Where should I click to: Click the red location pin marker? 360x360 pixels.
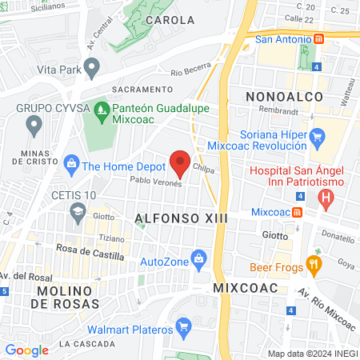(180, 162)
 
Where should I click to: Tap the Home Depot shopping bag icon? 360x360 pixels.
(71, 166)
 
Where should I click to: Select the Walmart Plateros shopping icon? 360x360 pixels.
(183, 325)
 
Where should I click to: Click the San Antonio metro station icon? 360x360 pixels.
(318, 38)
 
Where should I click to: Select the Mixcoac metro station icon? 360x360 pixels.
(297, 213)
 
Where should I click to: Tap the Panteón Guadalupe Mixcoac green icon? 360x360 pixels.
(101, 108)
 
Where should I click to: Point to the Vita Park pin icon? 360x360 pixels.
(92, 70)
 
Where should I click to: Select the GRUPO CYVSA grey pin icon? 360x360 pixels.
(34, 124)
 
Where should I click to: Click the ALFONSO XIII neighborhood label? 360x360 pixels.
(182, 218)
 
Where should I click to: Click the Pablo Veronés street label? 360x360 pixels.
(157, 182)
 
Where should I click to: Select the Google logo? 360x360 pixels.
(26, 350)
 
